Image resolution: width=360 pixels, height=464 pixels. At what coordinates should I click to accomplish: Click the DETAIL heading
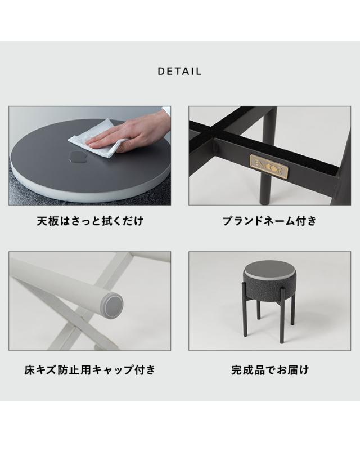[179, 72]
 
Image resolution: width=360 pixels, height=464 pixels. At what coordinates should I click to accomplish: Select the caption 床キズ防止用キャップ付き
[90, 370]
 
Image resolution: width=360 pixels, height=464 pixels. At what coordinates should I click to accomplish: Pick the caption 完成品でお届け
[269, 370]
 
